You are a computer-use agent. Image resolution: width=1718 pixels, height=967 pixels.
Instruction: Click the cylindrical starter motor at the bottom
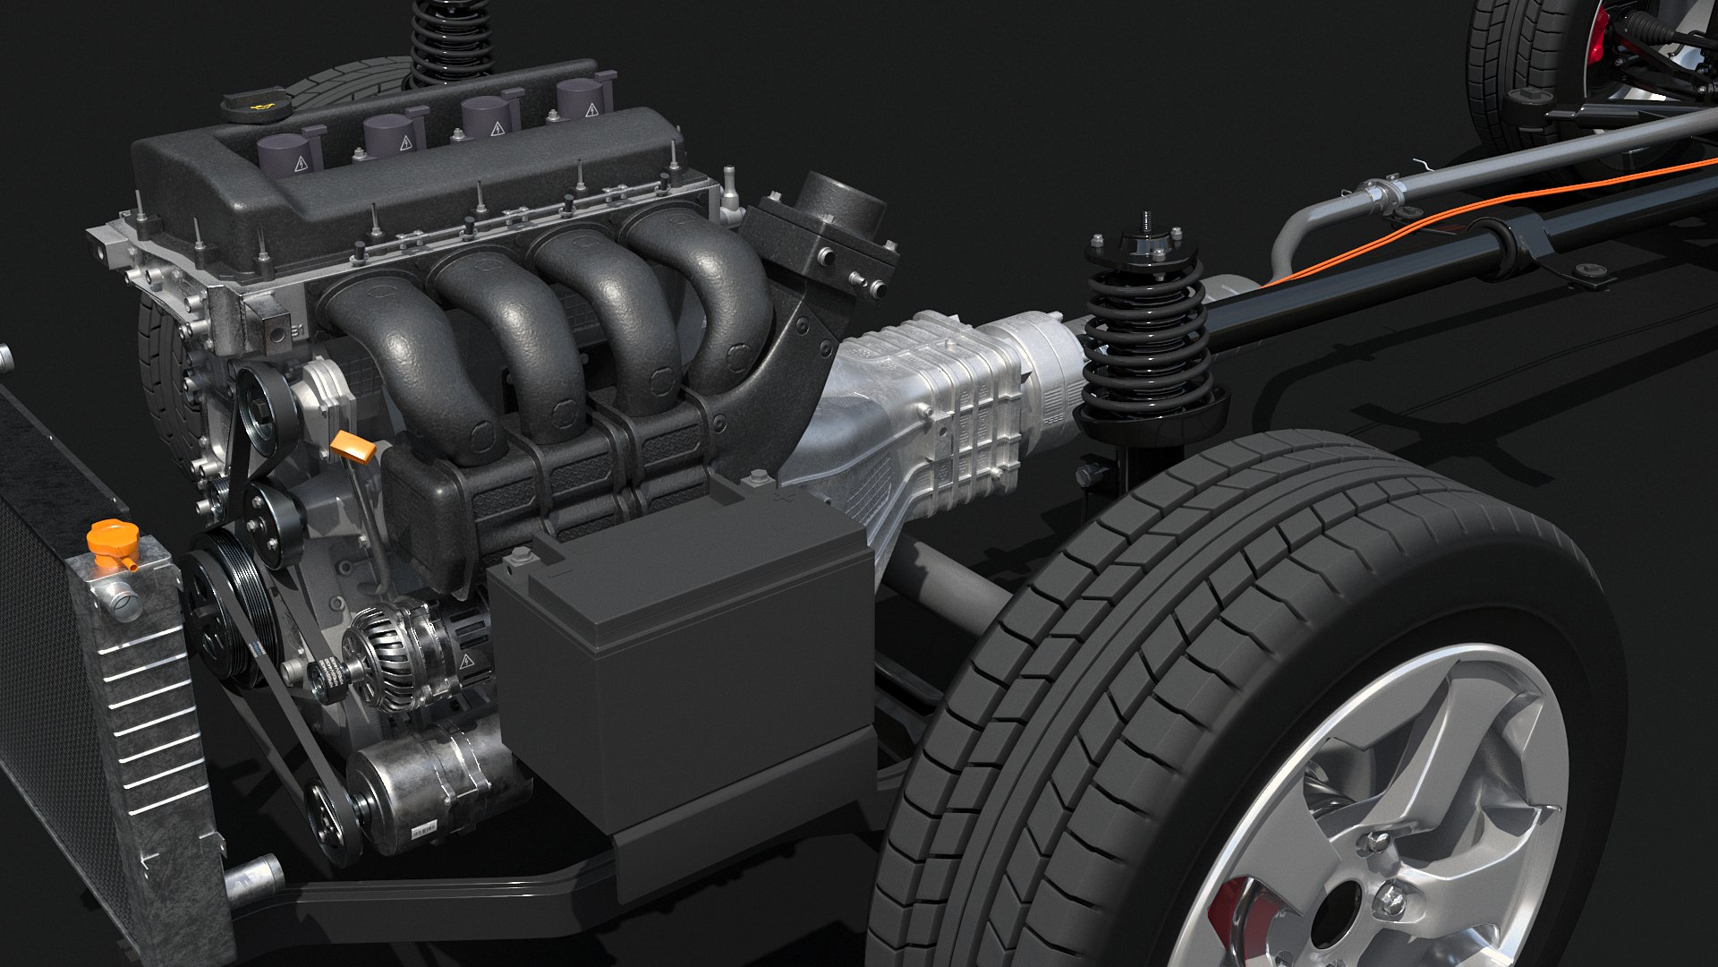point(429,788)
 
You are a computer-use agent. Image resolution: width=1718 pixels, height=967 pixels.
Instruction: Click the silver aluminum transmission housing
point(931,403)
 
